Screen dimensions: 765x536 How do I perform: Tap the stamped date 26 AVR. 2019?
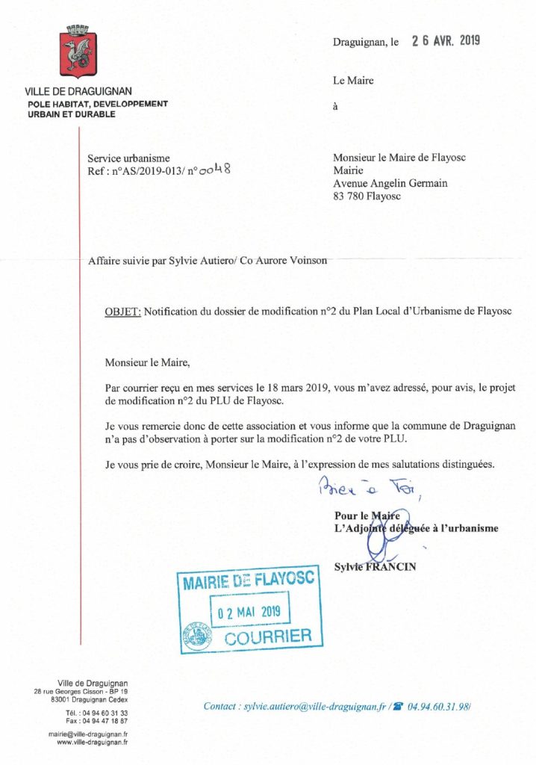pos(446,41)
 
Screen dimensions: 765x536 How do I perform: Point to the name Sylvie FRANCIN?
pos(375,567)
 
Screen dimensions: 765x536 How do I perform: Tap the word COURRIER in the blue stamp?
pos(268,638)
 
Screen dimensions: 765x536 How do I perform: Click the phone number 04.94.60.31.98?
pos(439,705)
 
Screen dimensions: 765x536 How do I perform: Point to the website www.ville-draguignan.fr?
pos(93,743)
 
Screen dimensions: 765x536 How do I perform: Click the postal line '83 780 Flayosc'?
pos(367,196)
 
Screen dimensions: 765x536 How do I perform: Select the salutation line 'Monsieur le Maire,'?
pos(148,364)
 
